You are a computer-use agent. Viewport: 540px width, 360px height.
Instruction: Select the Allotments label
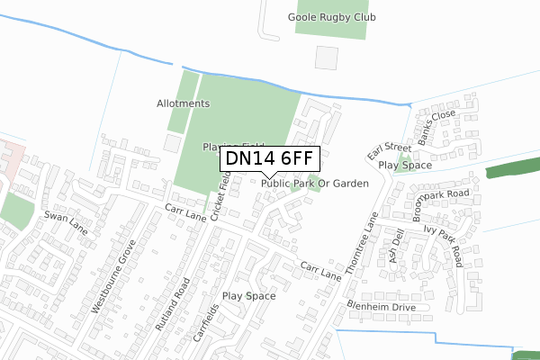point(183,103)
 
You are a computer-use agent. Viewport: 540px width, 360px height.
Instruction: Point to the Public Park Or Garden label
point(316,183)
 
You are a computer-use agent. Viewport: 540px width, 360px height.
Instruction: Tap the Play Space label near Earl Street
point(405,166)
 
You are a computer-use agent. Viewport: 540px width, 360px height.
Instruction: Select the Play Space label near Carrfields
point(248,295)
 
